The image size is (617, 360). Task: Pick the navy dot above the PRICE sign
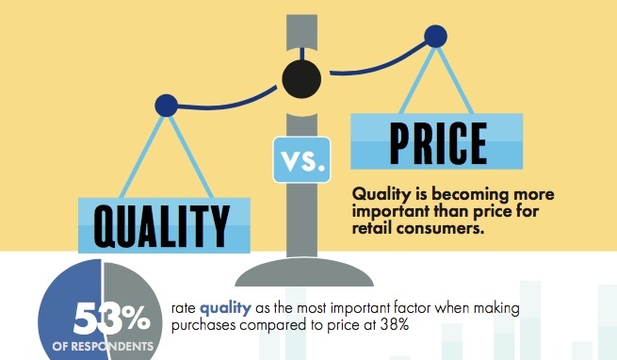click(x=435, y=36)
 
